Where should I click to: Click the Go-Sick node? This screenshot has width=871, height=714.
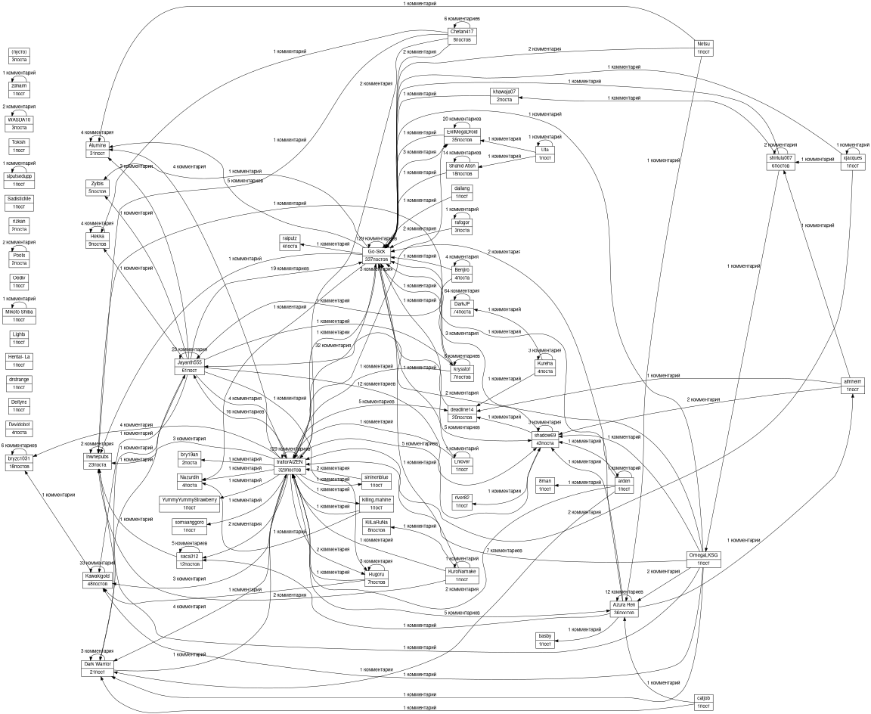point(376,255)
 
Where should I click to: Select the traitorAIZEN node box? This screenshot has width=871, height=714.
point(290,465)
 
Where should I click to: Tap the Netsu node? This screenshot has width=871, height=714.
point(704,48)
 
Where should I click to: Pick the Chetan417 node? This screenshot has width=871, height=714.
point(462,36)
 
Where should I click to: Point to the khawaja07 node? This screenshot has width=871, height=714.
point(504,95)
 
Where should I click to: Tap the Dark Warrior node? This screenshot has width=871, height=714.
point(97,667)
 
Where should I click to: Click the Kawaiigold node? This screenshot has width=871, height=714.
point(97,579)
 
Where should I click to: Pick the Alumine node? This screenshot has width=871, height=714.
point(97,149)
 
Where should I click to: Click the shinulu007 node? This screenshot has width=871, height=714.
point(780,161)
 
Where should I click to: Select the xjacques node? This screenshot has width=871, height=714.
point(853,161)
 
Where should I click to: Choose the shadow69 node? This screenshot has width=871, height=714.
point(544,439)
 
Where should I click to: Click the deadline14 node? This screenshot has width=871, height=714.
point(462,413)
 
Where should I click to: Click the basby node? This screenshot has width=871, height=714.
point(546,640)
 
